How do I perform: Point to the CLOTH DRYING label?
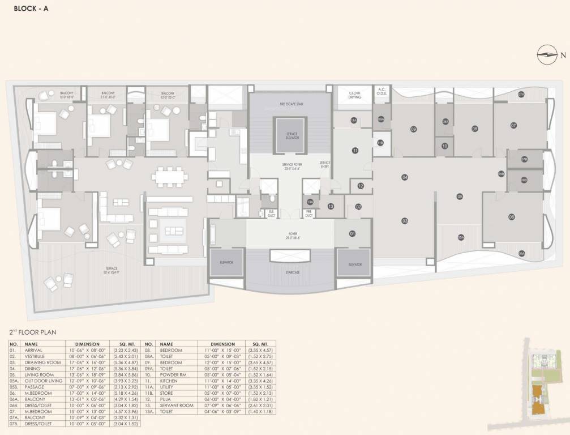[x=354, y=95]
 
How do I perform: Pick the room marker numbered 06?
[x=511, y=217]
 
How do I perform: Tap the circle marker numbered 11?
[x=355, y=151]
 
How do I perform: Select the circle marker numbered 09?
[x=413, y=129]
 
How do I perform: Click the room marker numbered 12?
[x=360, y=186]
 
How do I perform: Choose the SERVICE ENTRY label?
[x=324, y=165]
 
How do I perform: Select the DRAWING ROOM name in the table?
[x=43, y=362]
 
